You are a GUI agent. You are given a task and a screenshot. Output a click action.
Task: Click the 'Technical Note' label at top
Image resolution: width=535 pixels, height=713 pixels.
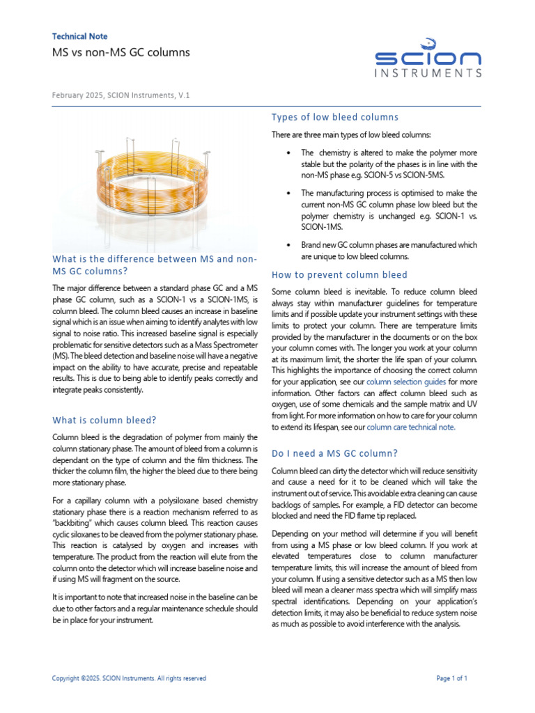click(79, 36)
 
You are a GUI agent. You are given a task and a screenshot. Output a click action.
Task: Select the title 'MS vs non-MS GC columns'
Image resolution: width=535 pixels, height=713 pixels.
click(121, 52)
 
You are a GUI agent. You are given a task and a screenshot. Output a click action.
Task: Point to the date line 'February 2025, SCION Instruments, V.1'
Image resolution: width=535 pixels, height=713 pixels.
click(121, 95)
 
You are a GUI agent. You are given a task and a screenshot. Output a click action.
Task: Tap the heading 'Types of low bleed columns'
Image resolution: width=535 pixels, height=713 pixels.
click(334, 116)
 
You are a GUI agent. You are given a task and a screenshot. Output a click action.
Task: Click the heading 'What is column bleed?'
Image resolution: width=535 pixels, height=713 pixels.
click(104, 420)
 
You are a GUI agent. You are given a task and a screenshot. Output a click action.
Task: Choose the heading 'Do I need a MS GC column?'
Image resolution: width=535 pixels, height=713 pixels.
click(334, 453)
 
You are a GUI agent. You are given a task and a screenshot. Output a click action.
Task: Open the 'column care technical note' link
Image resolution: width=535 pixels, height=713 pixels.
click(411, 428)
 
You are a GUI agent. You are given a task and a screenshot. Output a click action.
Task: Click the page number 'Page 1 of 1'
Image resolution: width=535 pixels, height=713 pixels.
click(451, 678)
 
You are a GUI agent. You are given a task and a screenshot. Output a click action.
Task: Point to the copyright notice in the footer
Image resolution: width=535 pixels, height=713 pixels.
click(130, 678)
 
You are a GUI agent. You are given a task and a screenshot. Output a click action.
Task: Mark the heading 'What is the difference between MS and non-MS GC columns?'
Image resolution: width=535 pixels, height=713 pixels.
click(155, 265)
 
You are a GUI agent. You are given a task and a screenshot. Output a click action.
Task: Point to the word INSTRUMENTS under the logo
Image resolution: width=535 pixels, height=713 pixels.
click(428, 73)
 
